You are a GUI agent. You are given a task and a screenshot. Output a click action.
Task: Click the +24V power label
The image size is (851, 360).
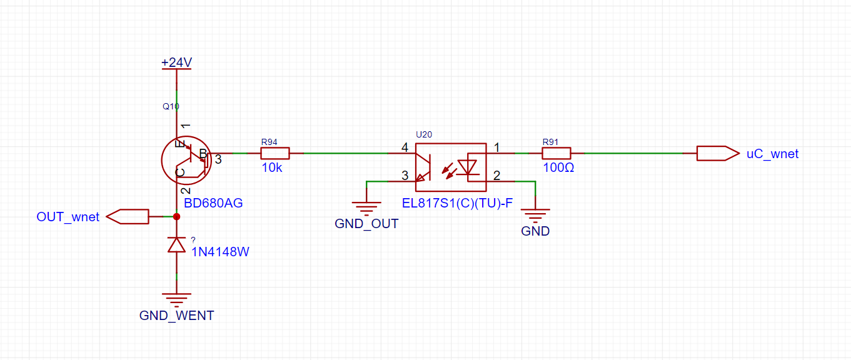(x=177, y=62)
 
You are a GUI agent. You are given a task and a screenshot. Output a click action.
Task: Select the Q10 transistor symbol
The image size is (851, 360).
(x=186, y=161)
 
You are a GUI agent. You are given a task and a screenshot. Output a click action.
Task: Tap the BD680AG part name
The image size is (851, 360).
(x=213, y=203)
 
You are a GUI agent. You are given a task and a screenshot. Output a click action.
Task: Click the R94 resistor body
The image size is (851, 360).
(x=275, y=153)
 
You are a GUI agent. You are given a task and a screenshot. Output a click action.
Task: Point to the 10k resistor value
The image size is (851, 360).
(x=271, y=167)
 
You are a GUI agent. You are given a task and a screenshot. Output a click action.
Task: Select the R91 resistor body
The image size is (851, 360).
(x=556, y=153)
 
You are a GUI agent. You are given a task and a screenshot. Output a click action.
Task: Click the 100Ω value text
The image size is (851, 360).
(x=558, y=167)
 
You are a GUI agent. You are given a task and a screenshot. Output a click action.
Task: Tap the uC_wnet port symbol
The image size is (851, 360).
(x=718, y=153)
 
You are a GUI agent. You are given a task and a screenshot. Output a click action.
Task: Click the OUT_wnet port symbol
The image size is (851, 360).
(x=128, y=217)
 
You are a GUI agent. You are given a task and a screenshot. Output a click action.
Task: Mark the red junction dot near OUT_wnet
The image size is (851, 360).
(x=177, y=217)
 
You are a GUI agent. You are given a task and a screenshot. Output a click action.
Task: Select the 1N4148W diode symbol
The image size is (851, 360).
(x=177, y=245)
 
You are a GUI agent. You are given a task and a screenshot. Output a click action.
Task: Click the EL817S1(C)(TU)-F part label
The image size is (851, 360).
(x=457, y=203)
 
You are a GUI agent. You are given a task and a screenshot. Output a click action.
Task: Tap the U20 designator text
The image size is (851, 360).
(x=424, y=134)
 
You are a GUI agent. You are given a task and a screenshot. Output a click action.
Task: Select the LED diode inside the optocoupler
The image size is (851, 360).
(x=467, y=167)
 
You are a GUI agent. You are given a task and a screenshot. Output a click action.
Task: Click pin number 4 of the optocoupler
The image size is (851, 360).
(x=405, y=147)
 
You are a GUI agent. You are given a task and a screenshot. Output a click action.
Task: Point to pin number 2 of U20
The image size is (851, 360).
(x=496, y=176)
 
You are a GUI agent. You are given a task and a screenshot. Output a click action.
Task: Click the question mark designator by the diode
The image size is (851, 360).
(x=193, y=240)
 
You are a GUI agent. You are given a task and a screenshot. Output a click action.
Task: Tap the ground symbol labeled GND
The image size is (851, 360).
(x=535, y=216)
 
